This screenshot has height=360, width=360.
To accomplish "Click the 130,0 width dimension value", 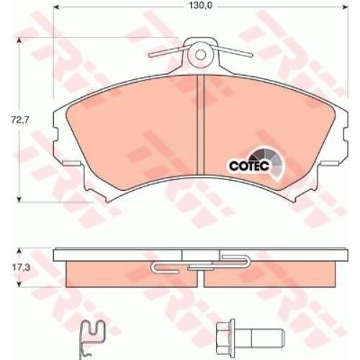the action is tap(201, 6).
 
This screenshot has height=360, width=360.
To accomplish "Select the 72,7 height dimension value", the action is tap(19, 120).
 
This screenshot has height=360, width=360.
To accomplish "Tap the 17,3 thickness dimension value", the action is tap(21, 268).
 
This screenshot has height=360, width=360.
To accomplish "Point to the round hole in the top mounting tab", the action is tap(200, 55).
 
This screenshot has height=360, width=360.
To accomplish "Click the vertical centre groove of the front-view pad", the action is tap(200, 125).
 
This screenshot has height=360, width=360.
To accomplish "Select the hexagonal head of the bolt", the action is tap(225, 338).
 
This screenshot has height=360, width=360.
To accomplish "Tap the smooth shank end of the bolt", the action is tap(268, 338).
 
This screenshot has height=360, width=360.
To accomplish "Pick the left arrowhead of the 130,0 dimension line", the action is tap(55, 6).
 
